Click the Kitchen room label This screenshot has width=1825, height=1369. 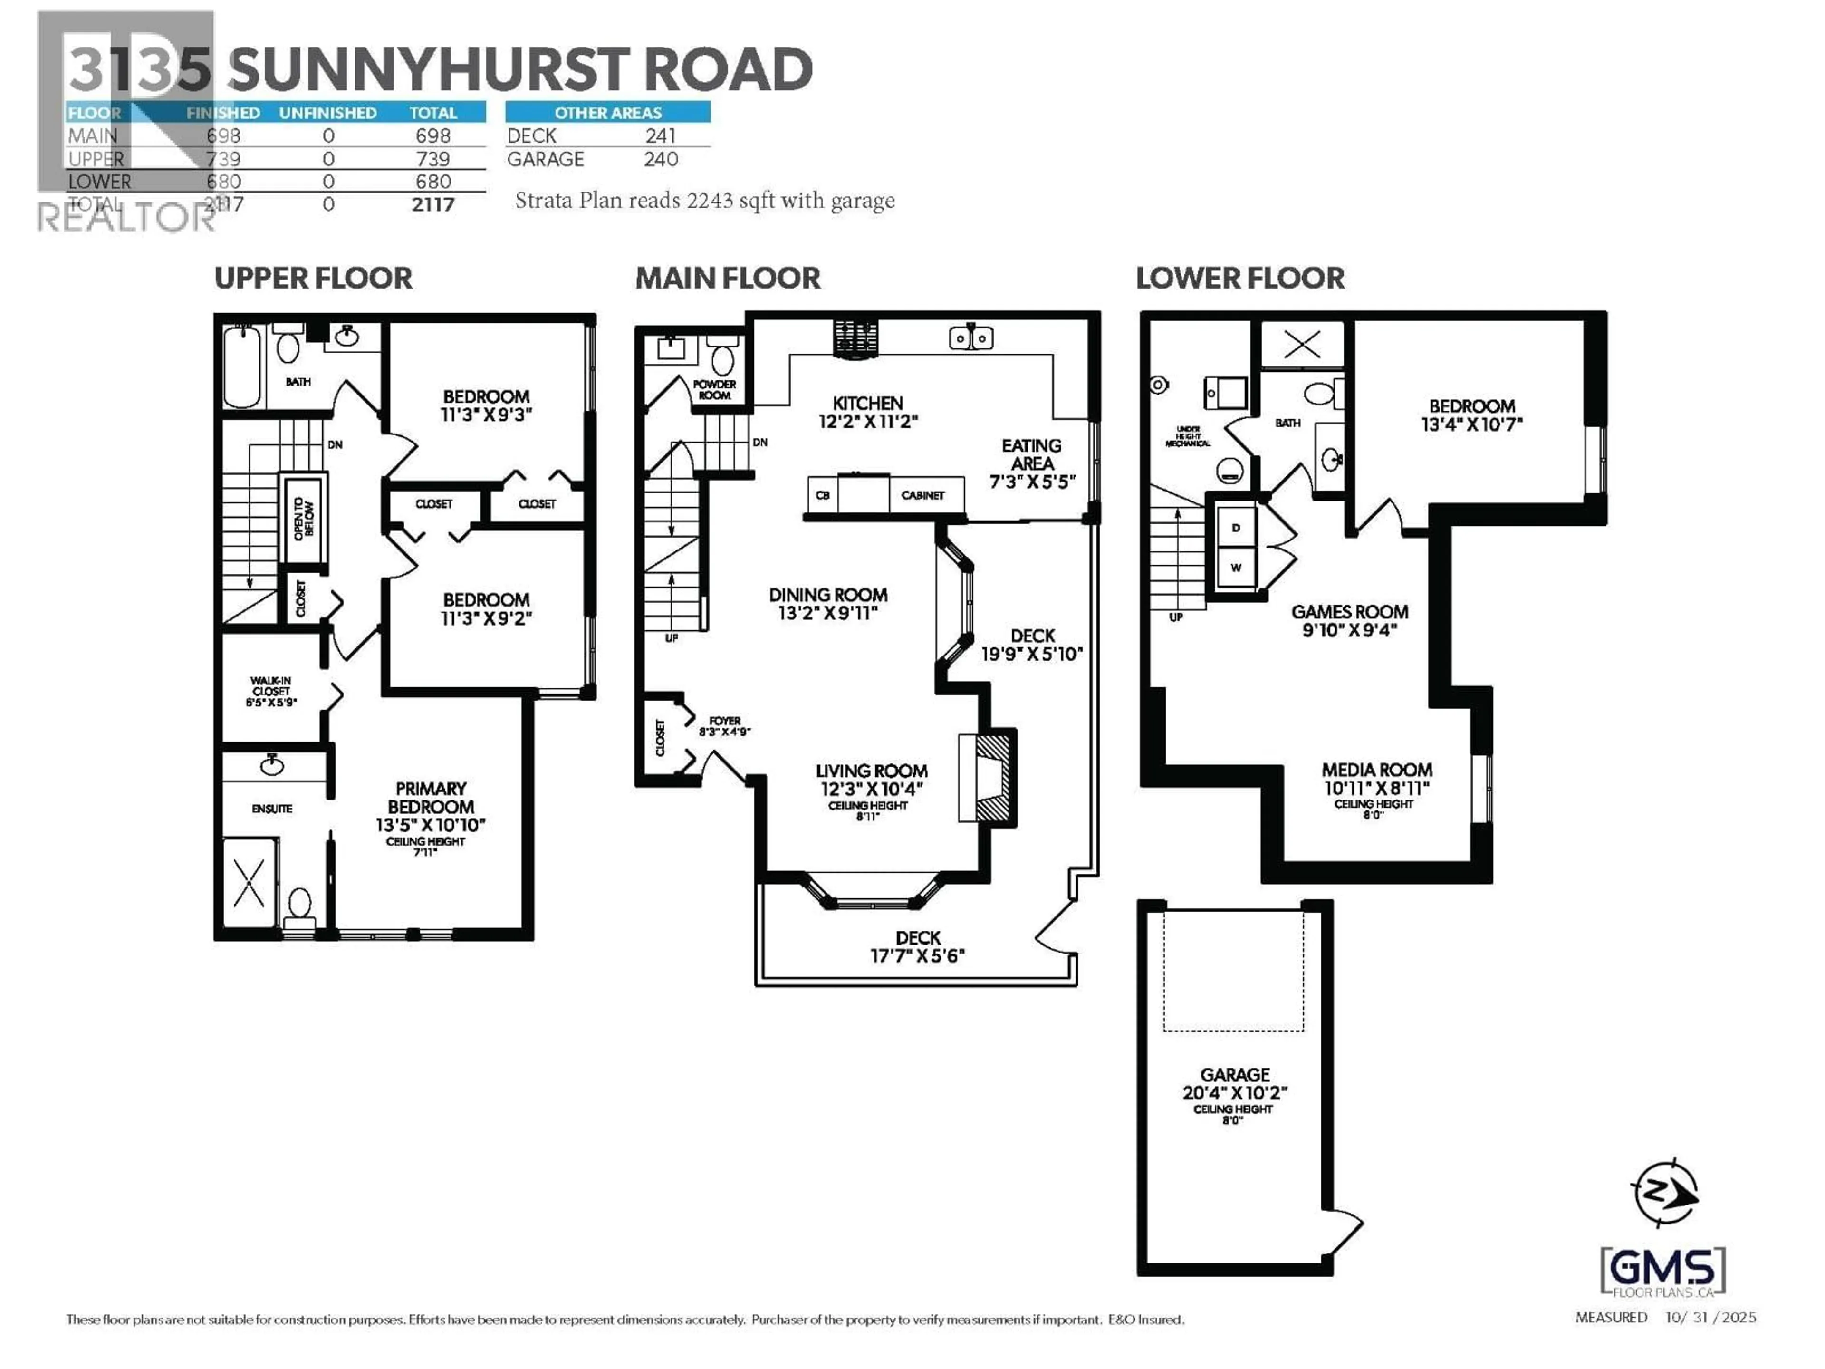pyautogui.click(x=867, y=404)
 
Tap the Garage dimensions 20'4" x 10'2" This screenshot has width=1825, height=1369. pyautogui.click(x=1234, y=1092)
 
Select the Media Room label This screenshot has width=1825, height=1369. pyautogui.click(x=1376, y=770)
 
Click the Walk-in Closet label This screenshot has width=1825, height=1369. pyautogui.click(x=270, y=686)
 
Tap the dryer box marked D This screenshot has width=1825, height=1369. pyautogui.click(x=1235, y=528)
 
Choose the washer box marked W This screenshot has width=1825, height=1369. pyautogui.click(x=1235, y=568)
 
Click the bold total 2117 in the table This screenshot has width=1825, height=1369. pyautogui.click(x=433, y=205)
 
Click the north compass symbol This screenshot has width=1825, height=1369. pyautogui.click(x=1664, y=1192)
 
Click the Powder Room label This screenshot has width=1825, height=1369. pyautogui.click(x=714, y=389)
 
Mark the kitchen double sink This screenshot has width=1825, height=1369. pyautogui.click(x=970, y=337)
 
